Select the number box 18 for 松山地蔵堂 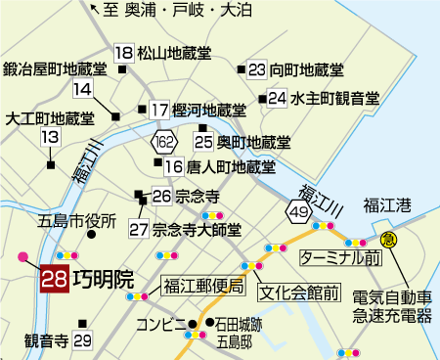click(123, 54)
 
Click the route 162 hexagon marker click(164, 145)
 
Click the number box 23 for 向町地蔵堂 click(257, 69)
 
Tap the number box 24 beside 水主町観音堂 click(278, 98)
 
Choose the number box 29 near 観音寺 click(82, 341)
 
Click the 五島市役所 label click(76, 220)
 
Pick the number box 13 click(49, 138)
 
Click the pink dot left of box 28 click(22, 257)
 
